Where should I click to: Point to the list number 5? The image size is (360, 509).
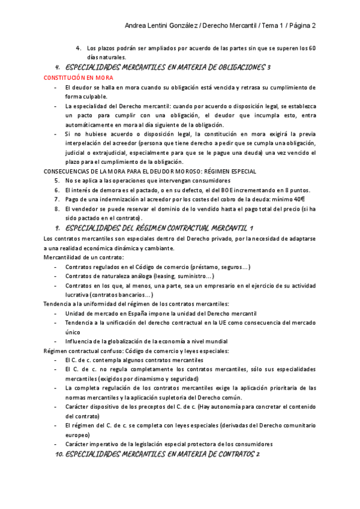tap(56, 181)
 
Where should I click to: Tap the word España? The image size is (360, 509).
tap(139, 313)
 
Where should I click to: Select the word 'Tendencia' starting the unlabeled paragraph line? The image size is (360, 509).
tap(58, 304)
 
